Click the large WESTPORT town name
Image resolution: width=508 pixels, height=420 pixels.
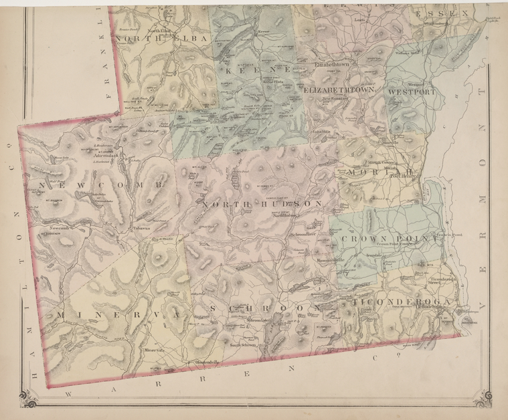[410, 91]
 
